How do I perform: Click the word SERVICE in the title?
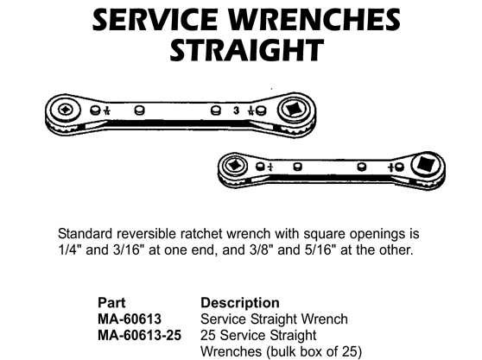pyautogui.click(x=155, y=20)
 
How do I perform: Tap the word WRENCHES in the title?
pyautogui.click(x=314, y=20)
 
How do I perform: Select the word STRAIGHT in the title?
pyautogui.click(x=247, y=50)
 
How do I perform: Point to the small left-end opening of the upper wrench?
pyautogui.click(x=65, y=109)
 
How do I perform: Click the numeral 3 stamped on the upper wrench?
pyautogui.click(x=236, y=110)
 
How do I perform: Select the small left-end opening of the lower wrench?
pyautogui.click(x=235, y=166)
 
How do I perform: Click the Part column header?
pyautogui.click(x=111, y=303)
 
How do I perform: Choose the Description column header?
pyautogui.click(x=240, y=303)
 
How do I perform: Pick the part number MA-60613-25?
pyautogui.click(x=140, y=335)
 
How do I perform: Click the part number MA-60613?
pyautogui.click(x=130, y=319)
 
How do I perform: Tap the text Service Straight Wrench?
pyautogui.click(x=274, y=319)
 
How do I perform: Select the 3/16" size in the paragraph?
pyautogui.click(x=128, y=249)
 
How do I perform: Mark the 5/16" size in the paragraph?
pyautogui.click(x=320, y=249)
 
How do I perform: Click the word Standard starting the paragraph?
pyautogui.click(x=86, y=234)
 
